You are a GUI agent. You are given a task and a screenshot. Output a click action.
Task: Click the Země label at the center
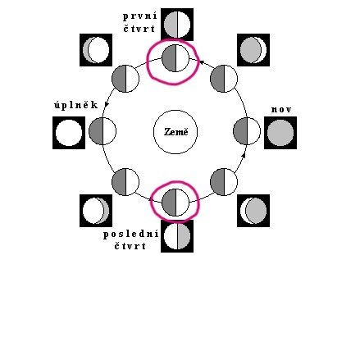click(x=176, y=132)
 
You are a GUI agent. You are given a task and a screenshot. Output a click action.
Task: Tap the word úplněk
click(x=76, y=105)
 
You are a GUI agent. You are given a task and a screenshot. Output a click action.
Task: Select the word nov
click(x=281, y=110)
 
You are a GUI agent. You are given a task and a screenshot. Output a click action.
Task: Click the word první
click(x=140, y=16)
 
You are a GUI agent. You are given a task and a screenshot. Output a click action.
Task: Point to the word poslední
click(x=131, y=235)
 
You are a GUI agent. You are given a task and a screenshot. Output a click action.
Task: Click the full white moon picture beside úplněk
click(x=69, y=133)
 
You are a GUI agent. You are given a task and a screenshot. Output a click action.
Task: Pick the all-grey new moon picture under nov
click(x=280, y=133)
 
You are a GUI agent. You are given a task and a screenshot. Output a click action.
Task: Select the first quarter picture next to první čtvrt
click(x=177, y=25)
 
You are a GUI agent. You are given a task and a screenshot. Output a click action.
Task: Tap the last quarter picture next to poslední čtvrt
click(x=177, y=236)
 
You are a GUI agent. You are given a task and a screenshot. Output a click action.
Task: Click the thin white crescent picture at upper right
click(x=253, y=50)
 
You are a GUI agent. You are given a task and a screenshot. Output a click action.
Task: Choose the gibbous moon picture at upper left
click(x=96, y=50)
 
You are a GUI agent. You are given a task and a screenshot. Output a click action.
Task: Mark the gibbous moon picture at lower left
click(x=96, y=211)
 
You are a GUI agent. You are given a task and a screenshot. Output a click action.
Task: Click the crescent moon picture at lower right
click(x=253, y=211)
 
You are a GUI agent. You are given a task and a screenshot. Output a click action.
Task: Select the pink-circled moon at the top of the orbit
click(x=175, y=58)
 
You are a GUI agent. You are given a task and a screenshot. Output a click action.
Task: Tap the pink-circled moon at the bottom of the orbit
click(x=175, y=203)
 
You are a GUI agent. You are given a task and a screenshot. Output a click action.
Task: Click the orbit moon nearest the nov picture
click(x=247, y=131)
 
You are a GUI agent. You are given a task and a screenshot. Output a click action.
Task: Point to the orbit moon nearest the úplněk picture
click(x=103, y=131)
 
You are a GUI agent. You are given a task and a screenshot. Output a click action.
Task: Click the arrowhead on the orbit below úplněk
click(x=107, y=104)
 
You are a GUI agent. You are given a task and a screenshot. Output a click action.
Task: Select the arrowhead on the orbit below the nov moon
click(x=244, y=155)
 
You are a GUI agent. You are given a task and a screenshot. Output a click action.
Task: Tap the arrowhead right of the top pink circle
click(x=202, y=62)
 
